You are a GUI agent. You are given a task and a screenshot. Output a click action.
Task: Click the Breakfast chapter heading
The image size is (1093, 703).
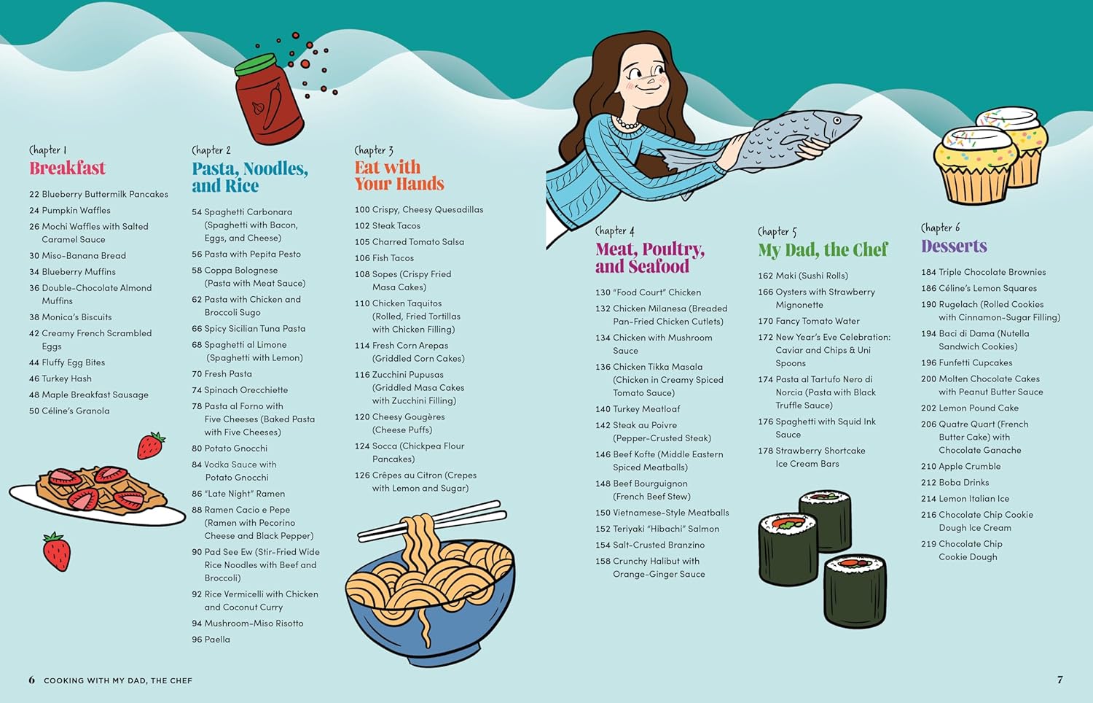click(x=67, y=168)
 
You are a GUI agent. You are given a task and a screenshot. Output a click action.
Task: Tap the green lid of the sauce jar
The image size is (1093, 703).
click(x=255, y=65)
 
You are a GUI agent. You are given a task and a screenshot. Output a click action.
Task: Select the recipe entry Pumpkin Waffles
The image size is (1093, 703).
click(x=70, y=211)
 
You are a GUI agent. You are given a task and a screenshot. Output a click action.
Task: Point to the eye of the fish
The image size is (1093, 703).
click(x=837, y=120)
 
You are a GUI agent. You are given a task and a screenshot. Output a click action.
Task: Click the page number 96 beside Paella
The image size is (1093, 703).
click(x=197, y=640)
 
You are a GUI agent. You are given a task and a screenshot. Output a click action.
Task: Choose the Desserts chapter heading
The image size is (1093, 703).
click(x=954, y=246)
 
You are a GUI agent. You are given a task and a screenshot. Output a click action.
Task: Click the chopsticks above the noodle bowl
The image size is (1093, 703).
click(x=432, y=521)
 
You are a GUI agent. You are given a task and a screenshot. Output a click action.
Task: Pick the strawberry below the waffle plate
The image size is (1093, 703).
click(x=57, y=551)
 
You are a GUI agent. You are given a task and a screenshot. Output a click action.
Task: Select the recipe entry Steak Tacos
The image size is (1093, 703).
click(x=388, y=225)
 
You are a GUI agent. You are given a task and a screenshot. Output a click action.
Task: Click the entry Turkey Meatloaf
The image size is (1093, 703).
click(x=638, y=409)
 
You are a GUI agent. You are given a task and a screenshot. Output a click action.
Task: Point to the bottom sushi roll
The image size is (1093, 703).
click(x=855, y=591)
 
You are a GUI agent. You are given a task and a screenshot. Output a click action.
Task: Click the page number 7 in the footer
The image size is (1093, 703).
click(x=1059, y=680)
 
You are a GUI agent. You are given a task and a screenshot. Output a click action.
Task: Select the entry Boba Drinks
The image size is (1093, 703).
click(x=955, y=482)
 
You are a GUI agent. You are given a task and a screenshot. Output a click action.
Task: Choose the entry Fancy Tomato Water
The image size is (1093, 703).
click(x=809, y=321)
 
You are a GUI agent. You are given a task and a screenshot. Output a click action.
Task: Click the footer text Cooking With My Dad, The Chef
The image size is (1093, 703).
click(x=118, y=680)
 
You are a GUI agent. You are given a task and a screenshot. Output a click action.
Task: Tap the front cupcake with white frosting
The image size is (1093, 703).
click(x=974, y=164)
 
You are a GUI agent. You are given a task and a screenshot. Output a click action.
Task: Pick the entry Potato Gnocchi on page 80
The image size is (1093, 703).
click(x=230, y=448)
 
